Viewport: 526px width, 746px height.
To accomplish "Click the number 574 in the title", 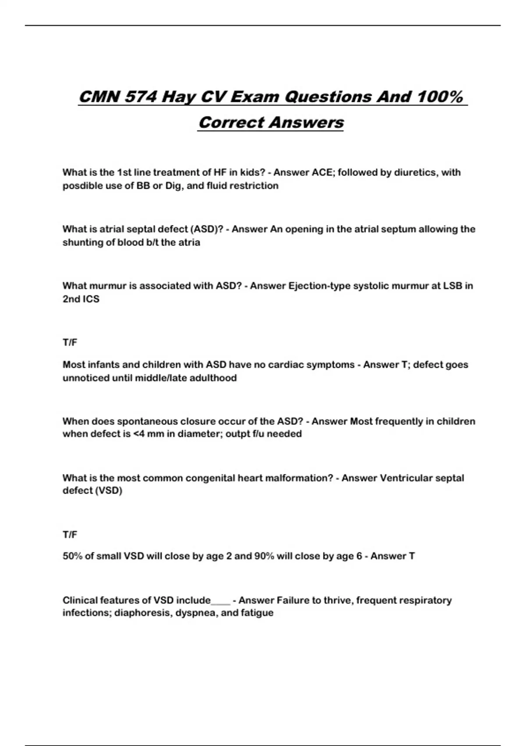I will point(140,97).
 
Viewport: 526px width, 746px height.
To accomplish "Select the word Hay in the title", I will point(178,97).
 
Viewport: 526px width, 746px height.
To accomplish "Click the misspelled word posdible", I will point(82,186).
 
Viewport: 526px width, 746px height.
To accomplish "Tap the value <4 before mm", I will point(139,434).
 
